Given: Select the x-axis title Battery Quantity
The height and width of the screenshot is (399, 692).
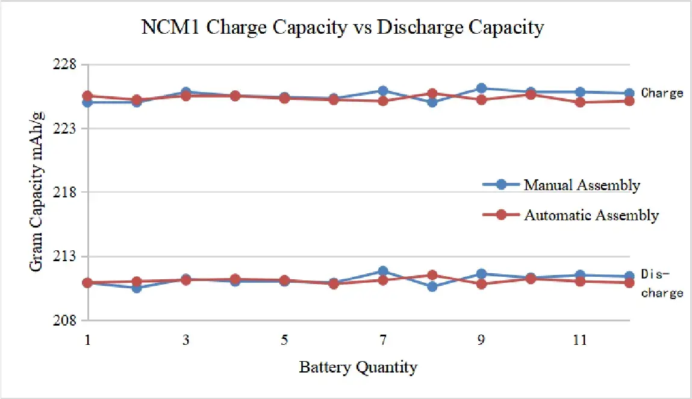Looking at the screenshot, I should (358, 367).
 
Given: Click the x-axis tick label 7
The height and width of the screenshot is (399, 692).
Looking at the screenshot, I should (382, 340).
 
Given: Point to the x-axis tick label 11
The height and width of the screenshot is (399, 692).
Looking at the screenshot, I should (579, 340).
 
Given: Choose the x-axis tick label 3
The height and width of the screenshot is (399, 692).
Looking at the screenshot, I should (185, 340).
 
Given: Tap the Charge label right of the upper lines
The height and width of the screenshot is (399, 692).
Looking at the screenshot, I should (662, 93).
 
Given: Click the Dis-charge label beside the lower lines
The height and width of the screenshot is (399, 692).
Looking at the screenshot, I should (662, 283).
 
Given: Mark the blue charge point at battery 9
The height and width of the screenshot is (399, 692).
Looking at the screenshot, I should (481, 88).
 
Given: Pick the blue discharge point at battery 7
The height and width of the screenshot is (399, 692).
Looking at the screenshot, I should (382, 271).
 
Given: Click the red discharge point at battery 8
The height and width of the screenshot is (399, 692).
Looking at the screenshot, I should (432, 275).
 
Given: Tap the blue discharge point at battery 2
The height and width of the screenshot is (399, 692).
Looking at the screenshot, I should (137, 288).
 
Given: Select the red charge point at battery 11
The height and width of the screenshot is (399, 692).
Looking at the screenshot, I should (579, 102).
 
